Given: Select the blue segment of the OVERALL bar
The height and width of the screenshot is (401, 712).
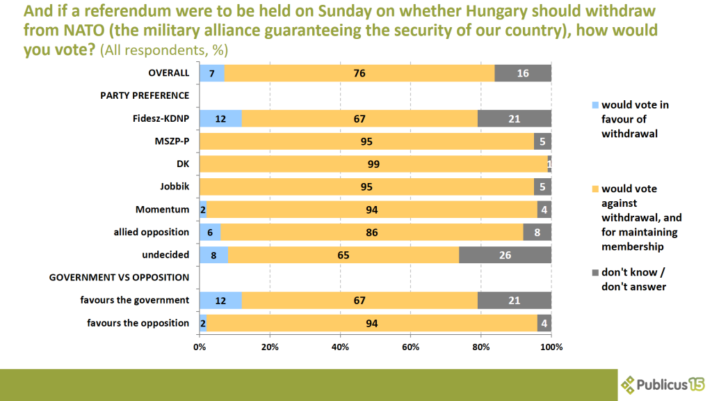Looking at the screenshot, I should [211, 73].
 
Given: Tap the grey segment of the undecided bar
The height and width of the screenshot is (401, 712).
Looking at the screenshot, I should [505, 255].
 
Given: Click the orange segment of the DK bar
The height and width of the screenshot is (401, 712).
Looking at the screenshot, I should [373, 164].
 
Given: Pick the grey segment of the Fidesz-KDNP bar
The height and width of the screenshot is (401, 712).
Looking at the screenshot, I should [515, 119].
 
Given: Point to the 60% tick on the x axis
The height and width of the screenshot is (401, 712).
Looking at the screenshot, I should [411, 347].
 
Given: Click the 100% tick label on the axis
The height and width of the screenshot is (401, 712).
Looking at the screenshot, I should [551, 347].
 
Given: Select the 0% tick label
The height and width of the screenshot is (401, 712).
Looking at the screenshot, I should [200, 347].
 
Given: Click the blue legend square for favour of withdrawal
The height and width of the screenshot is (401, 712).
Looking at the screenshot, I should [594, 105].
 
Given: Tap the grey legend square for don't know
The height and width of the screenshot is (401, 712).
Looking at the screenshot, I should [594, 272].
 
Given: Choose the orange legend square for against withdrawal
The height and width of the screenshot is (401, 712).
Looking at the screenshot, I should [594, 189].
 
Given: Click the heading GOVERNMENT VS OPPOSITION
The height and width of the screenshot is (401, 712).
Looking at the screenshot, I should [119, 277].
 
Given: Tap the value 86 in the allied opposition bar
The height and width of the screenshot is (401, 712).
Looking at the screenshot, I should [372, 233].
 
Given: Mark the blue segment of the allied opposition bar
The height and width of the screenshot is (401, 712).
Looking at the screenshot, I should [210, 233].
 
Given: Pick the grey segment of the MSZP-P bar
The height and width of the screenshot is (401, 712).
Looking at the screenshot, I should [542, 141].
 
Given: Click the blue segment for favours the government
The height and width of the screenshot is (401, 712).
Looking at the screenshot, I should [220, 300].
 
